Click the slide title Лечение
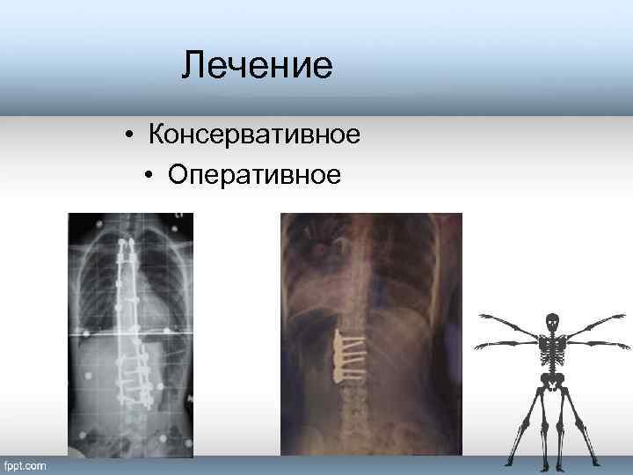tap(257, 66)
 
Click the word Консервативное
tap(255, 136)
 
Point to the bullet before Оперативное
tap(150, 176)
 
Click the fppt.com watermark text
tap(26, 465)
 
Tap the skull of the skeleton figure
tap(552, 322)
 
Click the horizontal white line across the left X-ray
tap(132, 334)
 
